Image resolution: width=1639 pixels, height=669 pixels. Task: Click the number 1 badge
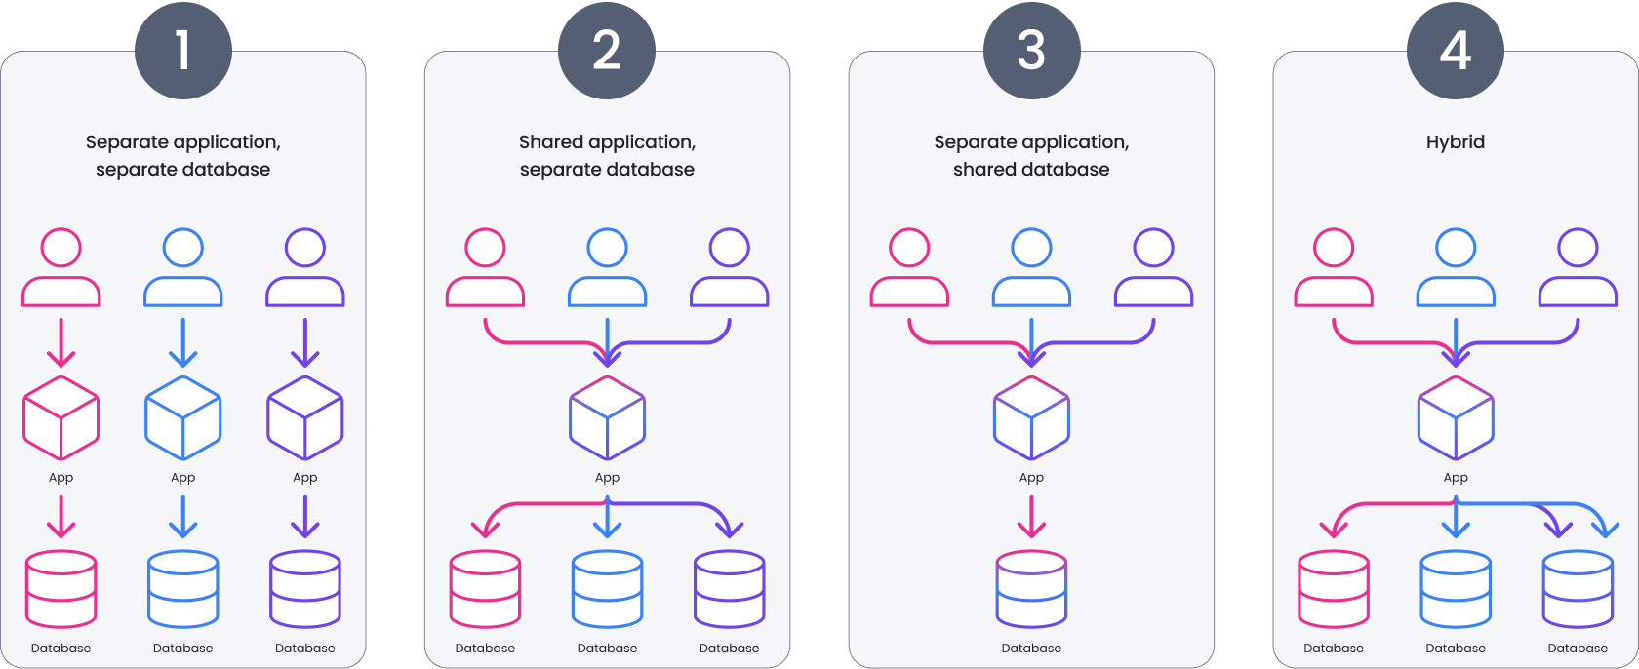(x=182, y=49)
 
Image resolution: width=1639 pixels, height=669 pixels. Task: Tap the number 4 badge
(x=1455, y=49)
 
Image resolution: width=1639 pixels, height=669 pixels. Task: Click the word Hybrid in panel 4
(x=1455, y=142)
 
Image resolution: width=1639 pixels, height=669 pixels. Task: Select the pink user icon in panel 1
(x=61, y=268)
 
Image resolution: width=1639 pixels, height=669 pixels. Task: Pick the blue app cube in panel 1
(x=183, y=418)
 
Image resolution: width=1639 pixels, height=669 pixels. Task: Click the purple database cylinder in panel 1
(x=305, y=590)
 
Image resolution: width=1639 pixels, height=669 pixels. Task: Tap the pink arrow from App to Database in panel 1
(x=61, y=517)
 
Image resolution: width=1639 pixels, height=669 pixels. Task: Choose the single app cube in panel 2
(x=607, y=418)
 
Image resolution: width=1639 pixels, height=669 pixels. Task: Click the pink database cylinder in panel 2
(x=485, y=590)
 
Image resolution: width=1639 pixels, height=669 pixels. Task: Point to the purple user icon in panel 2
(x=730, y=268)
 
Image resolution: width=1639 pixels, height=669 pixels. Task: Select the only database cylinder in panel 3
(x=1031, y=590)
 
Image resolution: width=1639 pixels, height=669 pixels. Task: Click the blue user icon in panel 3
(x=1031, y=268)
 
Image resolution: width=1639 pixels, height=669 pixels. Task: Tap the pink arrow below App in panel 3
(x=1031, y=517)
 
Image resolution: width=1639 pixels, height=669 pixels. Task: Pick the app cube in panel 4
(x=1456, y=418)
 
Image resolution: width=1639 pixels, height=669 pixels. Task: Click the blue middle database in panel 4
(x=1456, y=590)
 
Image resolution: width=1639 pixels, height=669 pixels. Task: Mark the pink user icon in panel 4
(x=1334, y=268)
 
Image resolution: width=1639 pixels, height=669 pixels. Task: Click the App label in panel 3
(x=1031, y=478)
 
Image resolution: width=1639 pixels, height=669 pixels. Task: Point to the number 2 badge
(x=607, y=49)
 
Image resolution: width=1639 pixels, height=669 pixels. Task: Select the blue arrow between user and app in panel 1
(x=183, y=342)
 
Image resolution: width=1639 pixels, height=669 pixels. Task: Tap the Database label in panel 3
(x=1031, y=649)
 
